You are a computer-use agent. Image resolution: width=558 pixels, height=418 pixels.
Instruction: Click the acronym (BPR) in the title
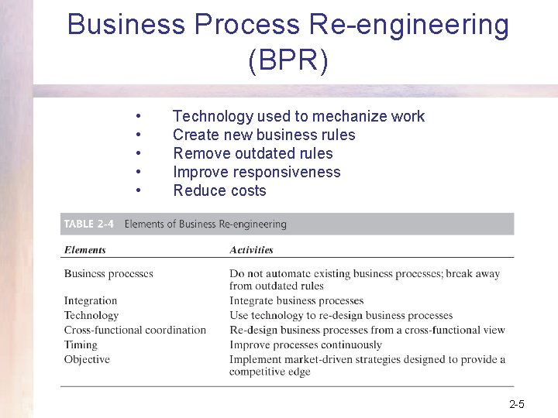click(288, 60)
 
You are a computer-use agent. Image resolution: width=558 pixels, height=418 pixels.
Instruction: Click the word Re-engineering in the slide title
click(408, 25)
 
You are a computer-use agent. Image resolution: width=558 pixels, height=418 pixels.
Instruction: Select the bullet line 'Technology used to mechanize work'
click(298, 116)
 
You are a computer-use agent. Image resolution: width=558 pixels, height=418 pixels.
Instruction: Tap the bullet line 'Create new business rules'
click(263, 135)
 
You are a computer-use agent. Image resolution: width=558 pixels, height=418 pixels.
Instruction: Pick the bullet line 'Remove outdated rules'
click(253, 153)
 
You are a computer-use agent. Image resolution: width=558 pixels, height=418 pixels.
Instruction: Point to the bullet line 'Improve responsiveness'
click(257, 172)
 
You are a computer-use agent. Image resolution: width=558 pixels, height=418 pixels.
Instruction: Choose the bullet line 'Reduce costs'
click(219, 190)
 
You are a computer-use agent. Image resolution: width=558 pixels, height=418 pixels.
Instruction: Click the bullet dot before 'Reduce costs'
click(137, 190)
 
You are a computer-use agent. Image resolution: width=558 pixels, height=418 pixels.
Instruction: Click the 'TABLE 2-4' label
click(88, 224)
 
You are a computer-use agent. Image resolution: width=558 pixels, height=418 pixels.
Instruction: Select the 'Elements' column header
click(85, 250)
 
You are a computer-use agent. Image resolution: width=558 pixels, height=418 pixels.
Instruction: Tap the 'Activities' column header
click(251, 250)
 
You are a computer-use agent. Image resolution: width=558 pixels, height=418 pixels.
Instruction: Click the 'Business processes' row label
click(108, 273)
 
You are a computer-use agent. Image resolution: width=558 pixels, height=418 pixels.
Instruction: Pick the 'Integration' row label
click(91, 300)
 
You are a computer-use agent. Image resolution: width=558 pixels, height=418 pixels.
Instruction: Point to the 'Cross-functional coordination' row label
click(135, 330)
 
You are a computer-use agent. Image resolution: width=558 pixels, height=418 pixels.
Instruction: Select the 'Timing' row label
click(81, 344)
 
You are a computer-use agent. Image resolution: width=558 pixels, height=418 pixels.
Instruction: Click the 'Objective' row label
click(87, 359)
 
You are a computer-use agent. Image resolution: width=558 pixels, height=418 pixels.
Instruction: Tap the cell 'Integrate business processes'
click(296, 300)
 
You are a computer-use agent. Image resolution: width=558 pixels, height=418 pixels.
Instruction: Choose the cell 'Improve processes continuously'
click(305, 344)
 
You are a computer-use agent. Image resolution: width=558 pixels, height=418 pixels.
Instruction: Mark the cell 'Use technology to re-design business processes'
click(341, 315)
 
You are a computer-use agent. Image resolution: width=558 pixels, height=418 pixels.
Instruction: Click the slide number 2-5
click(517, 404)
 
